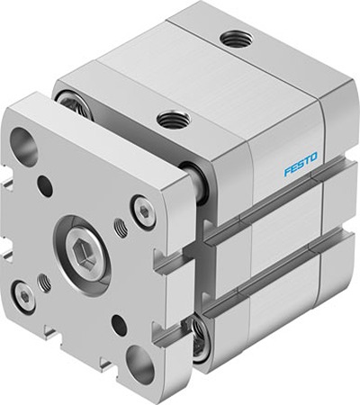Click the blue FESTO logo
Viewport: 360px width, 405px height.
[x=301, y=165]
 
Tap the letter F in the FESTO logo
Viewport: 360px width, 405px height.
[x=288, y=172]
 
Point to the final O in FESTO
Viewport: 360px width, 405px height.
[x=313, y=157]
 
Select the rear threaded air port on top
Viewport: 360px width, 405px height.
[x=236, y=39]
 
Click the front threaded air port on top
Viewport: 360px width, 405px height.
[x=174, y=119]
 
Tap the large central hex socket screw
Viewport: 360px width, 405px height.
[x=82, y=249]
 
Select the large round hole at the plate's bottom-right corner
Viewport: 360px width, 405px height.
[x=139, y=363]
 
